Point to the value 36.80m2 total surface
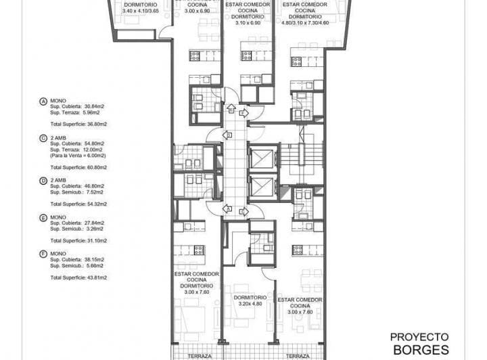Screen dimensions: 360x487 [95, 124]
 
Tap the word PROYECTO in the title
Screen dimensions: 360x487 [419, 336]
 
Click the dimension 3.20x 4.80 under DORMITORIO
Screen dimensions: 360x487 [250, 305]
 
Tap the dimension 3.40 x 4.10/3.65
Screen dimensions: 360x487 [141, 12]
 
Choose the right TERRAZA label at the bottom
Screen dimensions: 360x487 [297, 356]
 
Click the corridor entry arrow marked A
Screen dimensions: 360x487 [231, 108]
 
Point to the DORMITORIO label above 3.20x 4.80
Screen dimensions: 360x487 [250, 298]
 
